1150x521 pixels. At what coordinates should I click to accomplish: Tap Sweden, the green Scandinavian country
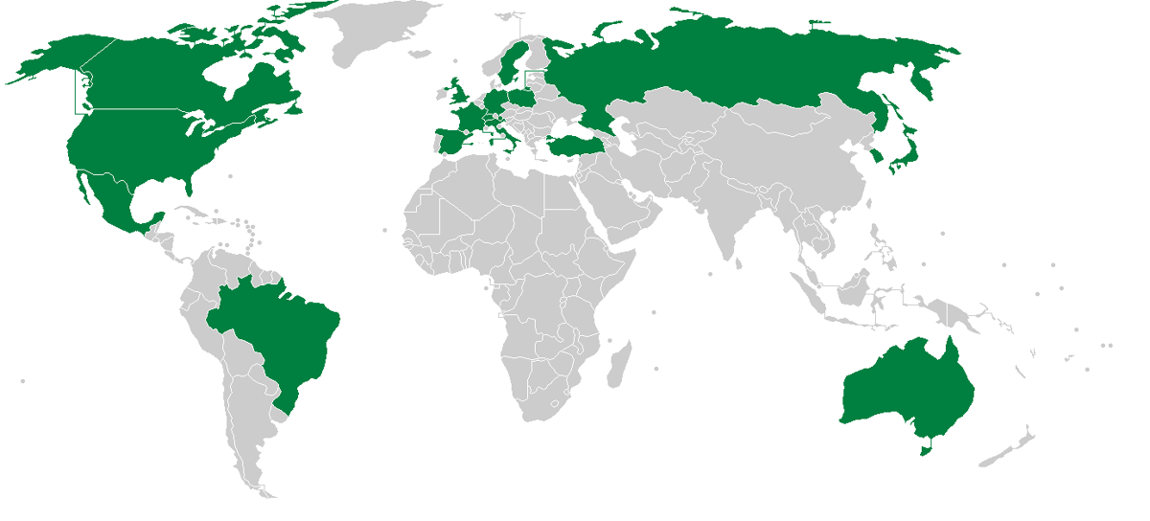click(x=508, y=62)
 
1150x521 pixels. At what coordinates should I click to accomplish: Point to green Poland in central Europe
click(x=524, y=100)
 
